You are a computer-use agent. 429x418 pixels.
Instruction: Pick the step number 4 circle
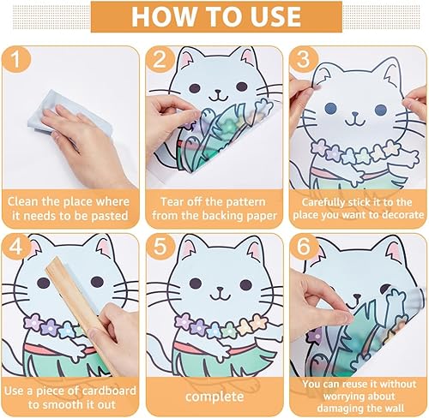pyautogui.click(x=15, y=247)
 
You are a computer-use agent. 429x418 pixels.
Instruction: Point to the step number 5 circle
pyautogui.click(x=160, y=247)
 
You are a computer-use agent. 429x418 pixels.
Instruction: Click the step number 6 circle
pyautogui.click(x=304, y=247)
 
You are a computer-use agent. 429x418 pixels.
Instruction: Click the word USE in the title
pyautogui.click(x=275, y=16)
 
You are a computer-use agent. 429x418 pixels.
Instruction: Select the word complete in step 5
pyautogui.click(x=214, y=397)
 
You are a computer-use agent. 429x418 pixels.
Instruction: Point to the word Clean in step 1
pyautogui.click(x=23, y=201)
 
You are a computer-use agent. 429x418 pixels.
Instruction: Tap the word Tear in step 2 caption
pyautogui.click(x=172, y=202)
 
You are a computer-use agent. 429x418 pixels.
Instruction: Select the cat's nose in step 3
pyautogui.click(x=355, y=113)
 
